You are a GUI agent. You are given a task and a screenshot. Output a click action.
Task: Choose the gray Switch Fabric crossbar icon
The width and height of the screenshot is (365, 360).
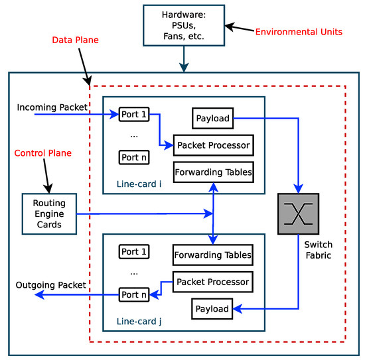(x=299, y=213)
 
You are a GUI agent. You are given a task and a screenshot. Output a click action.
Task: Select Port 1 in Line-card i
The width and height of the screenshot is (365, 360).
(x=133, y=114)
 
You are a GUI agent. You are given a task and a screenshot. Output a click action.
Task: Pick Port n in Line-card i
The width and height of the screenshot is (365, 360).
(x=133, y=157)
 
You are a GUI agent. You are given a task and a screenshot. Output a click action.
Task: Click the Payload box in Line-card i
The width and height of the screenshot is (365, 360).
(x=212, y=119)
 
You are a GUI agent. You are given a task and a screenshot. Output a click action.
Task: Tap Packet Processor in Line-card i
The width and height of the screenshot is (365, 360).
(x=212, y=145)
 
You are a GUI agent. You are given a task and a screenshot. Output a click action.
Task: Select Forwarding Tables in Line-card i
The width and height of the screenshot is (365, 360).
(x=212, y=172)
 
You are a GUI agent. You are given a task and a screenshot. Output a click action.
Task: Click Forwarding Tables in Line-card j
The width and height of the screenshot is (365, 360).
(x=212, y=254)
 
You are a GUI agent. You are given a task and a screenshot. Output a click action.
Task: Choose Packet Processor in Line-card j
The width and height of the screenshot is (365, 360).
(x=212, y=282)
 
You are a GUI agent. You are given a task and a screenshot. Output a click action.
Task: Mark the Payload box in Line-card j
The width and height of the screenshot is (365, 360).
(x=212, y=308)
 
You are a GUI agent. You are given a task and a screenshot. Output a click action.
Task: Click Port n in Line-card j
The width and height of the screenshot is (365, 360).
(x=133, y=294)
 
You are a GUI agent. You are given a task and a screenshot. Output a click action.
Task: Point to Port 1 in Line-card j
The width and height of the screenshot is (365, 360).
(x=133, y=252)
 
